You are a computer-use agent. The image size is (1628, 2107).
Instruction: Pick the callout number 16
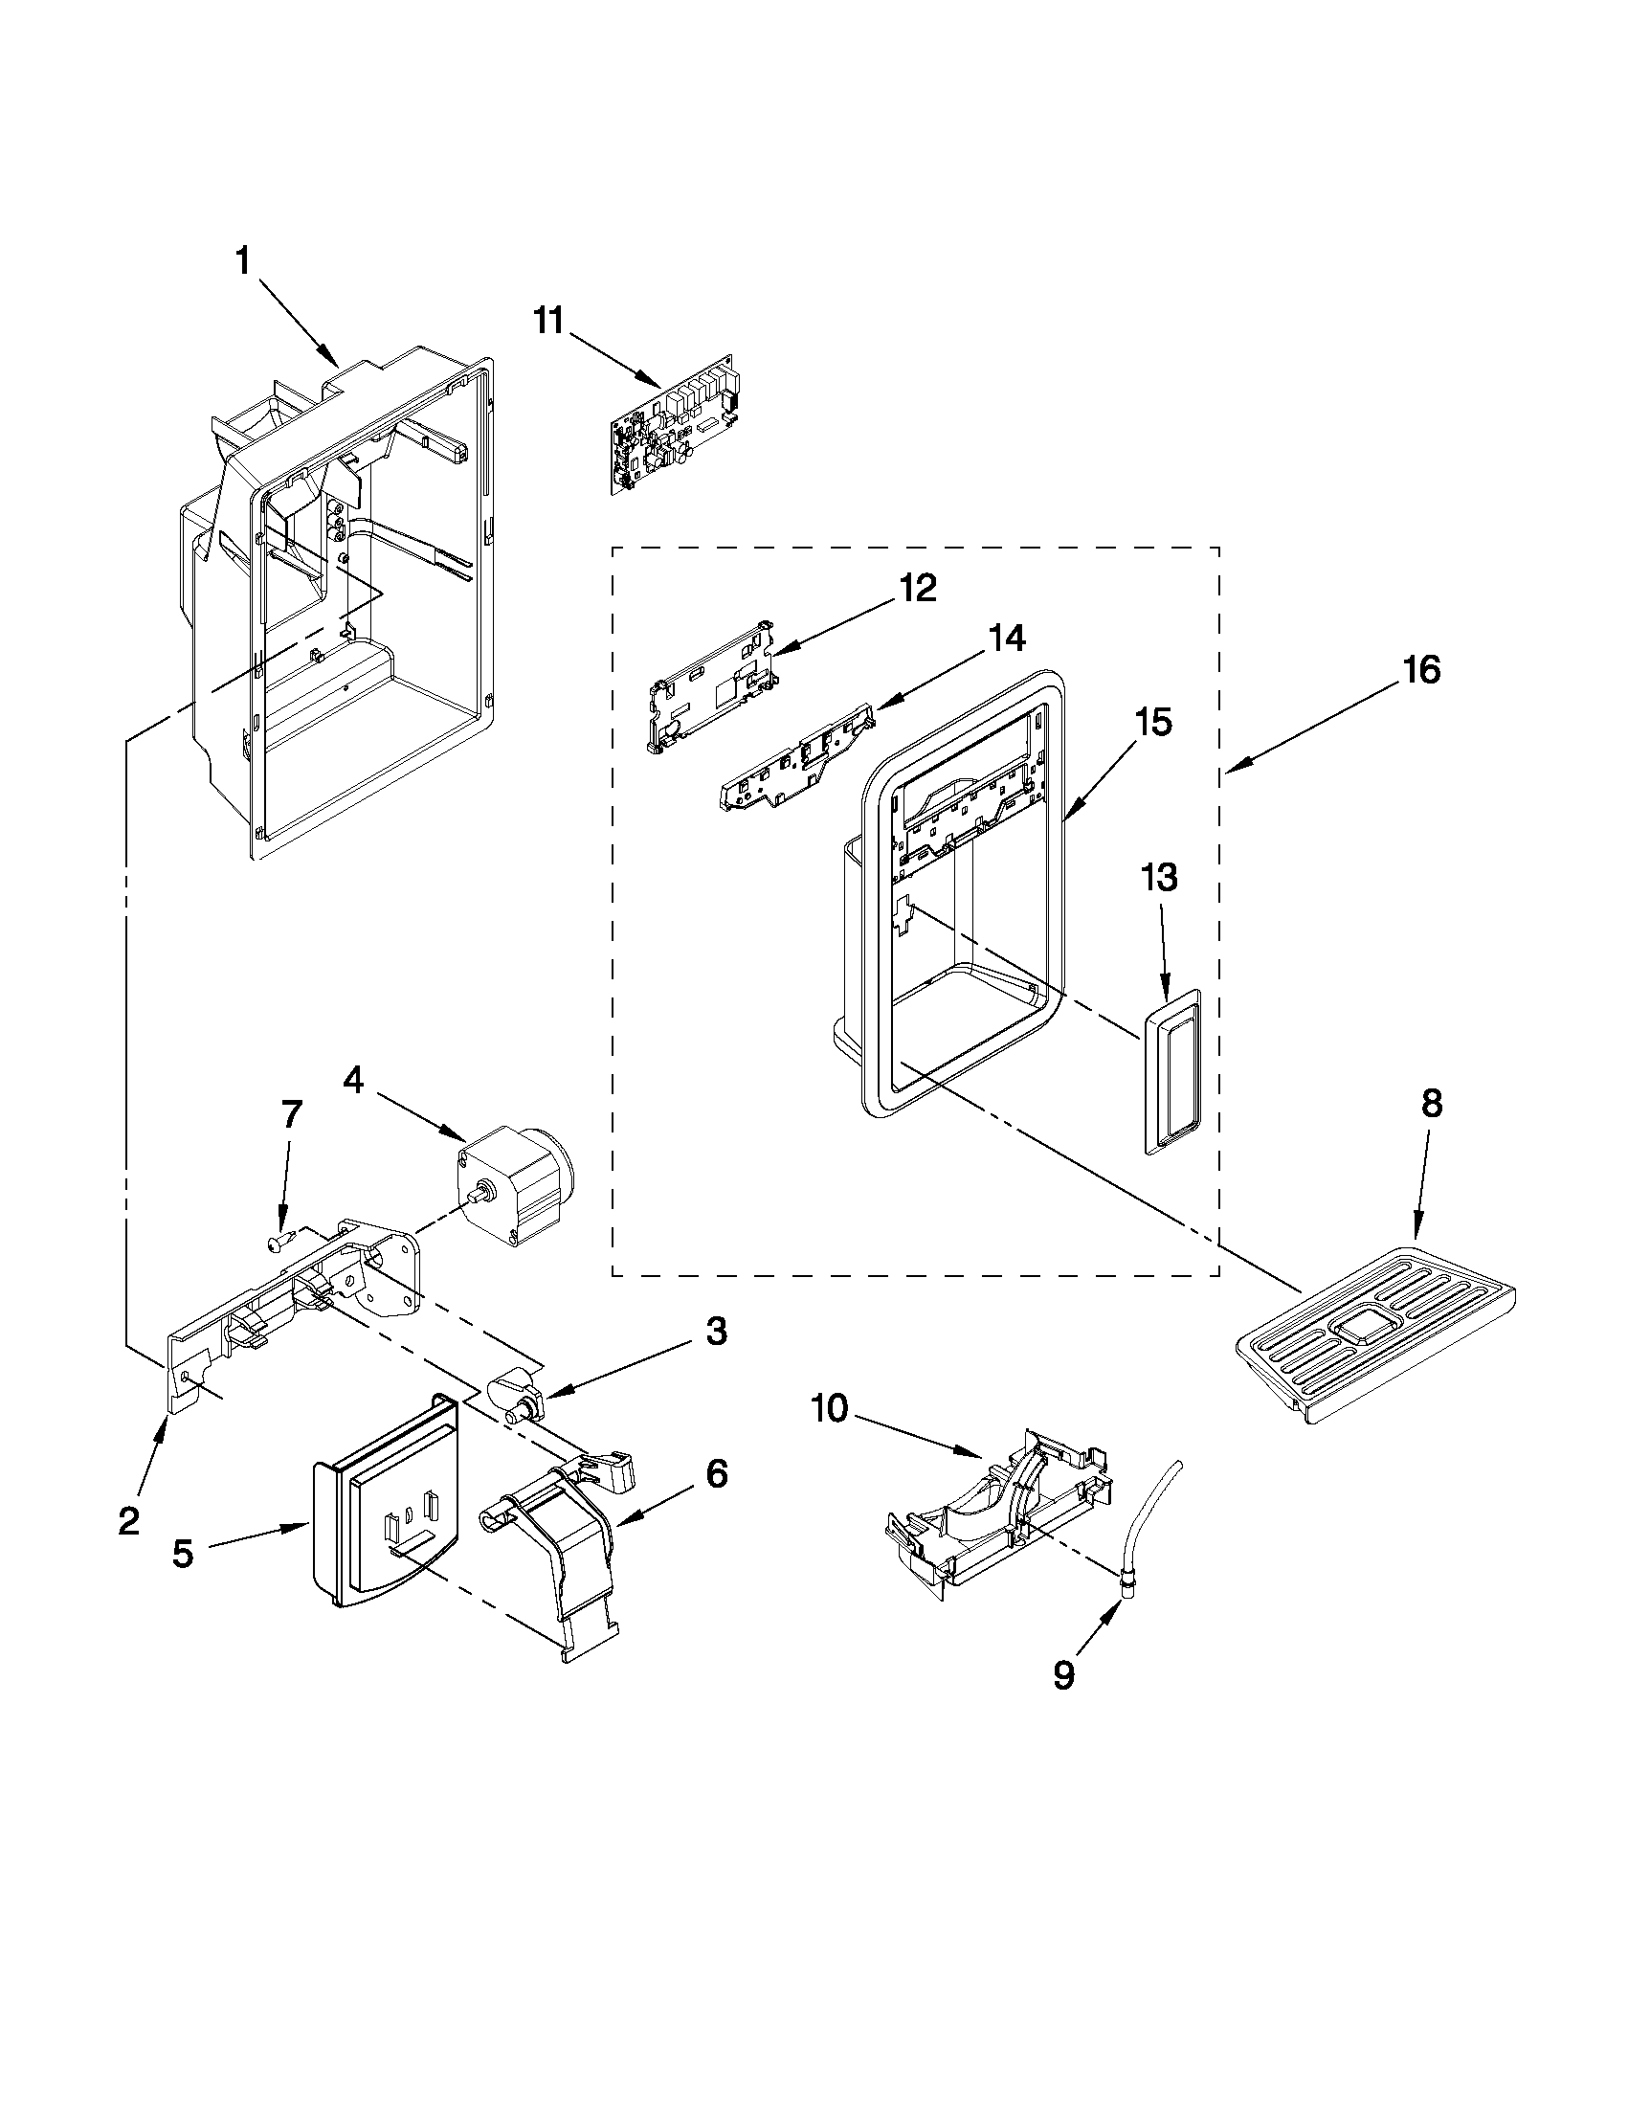click(1420, 669)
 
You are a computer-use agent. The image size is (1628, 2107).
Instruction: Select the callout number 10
click(830, 1409)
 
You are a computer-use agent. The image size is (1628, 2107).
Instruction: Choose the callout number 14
click(1006, 639)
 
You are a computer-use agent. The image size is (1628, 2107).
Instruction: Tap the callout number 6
click(716, 1474)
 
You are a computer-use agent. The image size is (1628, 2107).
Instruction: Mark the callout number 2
click(129, 1521)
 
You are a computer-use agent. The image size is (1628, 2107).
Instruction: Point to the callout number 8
click(1430, 1105)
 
